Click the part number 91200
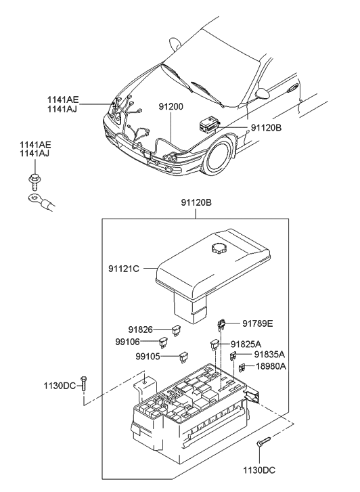click(171, 107)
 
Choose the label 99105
click(148, 355)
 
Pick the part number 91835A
click(269, 354)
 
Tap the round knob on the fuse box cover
click(220, 248)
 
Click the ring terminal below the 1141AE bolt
click(32, 199)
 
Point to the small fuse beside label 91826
click(177, 331)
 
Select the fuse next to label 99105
click(183, 355)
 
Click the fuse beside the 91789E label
click(221, 324)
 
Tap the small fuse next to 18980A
click(241, 367)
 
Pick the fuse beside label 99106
click(164, 342)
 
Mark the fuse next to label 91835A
click(233, 355)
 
